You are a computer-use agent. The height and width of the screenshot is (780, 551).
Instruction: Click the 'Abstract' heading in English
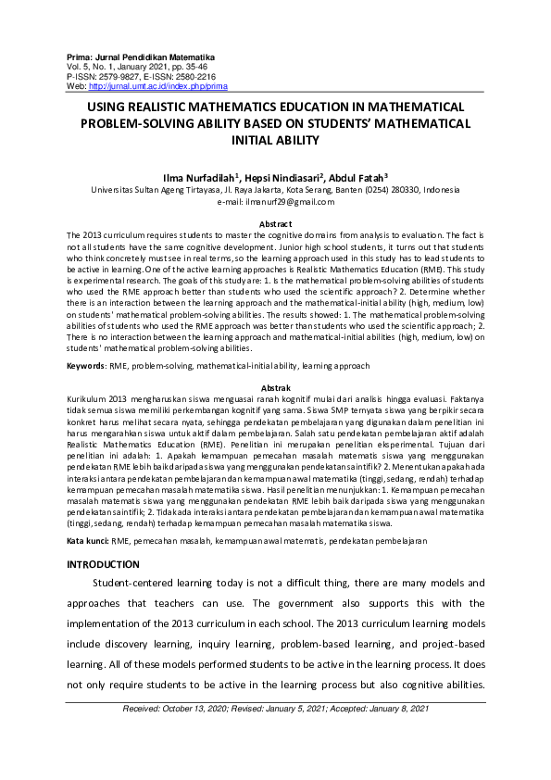(x=275, y=224)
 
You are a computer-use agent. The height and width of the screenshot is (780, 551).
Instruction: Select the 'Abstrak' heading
(x=275, y=387)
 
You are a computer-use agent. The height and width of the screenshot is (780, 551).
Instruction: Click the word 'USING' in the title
(x=113, y=107)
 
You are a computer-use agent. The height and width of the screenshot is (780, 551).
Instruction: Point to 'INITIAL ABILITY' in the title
(x=275, y=141)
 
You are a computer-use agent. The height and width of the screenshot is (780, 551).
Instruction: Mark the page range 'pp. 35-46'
(x=177, y=67)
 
